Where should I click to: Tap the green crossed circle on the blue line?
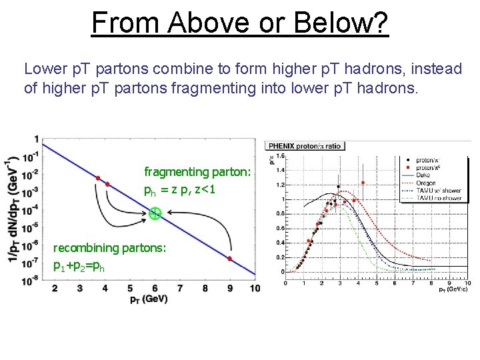pos(155,213)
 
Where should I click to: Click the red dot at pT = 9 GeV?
pos(229,259)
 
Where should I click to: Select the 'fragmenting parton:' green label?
pos(198,172)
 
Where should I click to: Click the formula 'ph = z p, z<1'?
pos(179,189)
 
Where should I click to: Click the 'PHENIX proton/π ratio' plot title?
pos(305,146)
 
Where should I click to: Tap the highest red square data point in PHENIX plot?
pos(363,182)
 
